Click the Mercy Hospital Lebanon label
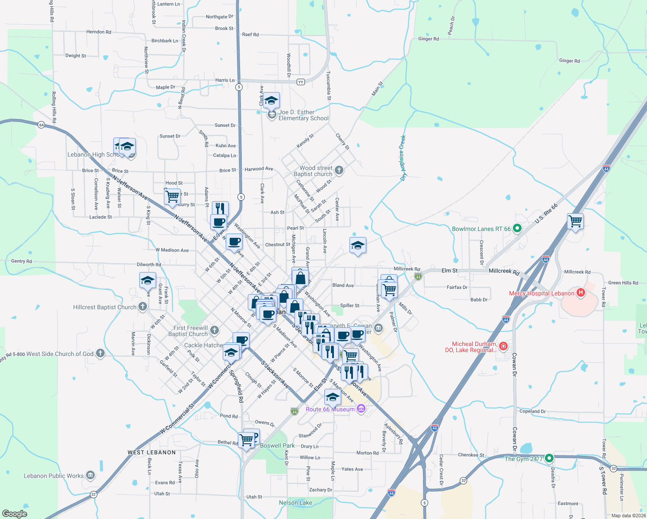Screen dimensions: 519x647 click(x=541, y=293)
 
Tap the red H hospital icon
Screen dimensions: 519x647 click(x=581, y=293)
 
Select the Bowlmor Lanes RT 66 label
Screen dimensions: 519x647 click(x=481, y=229)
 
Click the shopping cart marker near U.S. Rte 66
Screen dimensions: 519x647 click(x=576, y=221)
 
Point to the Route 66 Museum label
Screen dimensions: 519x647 click(x=330, y=409)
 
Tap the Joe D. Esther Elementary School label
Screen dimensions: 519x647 click(x=303, y=115)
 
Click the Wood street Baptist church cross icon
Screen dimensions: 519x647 click(x=339, y=170)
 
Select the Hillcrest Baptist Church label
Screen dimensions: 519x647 click(x=105, y=307)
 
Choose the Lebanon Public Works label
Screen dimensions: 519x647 click(x=54, y=476)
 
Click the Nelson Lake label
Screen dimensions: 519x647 click(x=295, y=503)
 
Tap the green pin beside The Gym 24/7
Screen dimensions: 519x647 click(x=549, y=458)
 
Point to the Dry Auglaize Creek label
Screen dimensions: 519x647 click(x=404, y=158)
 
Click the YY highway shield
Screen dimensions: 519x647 click(x=301, y=82)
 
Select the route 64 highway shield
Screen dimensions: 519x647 click(x=41, y=125)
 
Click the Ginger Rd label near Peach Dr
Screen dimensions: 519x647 click(x=429, y=39)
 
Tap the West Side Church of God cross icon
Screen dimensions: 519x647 click(x=100, y=353)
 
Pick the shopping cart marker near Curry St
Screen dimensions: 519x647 click(x=172, y=196)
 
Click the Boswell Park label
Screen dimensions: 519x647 click(x=277, y=445)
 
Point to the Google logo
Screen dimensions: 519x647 click(x=15, y=514)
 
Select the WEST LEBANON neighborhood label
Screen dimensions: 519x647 click(x=151, y=452)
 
